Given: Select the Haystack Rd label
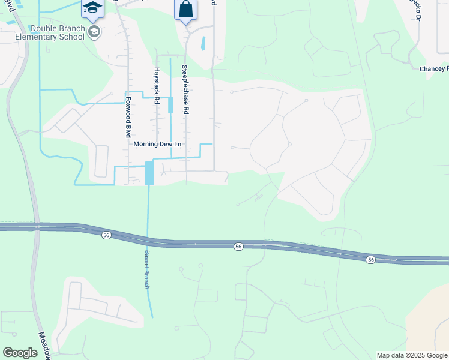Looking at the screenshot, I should coord(155,85).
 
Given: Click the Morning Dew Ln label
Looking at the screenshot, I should coord(157,144).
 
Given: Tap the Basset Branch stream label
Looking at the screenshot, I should coord(145,269).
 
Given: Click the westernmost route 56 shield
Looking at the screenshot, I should coord(106,235).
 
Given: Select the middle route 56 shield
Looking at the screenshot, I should coord(238,247).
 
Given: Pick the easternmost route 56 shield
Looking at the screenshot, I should coord(370,259).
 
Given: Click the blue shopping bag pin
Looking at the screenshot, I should coord(185,10).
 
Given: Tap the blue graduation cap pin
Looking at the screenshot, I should coord(92,8).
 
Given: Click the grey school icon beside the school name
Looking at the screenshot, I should coord(94,31).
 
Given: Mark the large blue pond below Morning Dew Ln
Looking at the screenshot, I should coord(149,173).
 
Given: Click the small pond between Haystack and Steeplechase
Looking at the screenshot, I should coord(170,104).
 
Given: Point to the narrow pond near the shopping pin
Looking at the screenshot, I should coord(203,43).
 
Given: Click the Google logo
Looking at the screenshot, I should coord(20,353).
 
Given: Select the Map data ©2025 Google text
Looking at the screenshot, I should coord(412,355).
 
